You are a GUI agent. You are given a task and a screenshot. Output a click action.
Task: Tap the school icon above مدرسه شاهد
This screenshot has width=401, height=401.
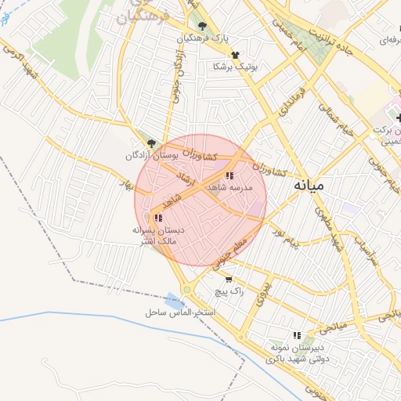229,176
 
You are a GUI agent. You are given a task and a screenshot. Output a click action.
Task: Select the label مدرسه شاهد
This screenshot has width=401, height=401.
229,189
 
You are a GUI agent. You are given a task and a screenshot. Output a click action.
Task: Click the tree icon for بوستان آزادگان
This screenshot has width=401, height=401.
152,144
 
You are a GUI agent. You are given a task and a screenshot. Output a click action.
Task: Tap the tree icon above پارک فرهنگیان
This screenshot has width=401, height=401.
202,26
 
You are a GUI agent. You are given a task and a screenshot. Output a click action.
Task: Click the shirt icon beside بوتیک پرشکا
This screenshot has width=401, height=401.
235,54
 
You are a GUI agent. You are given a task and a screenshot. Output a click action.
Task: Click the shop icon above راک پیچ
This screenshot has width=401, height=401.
228,279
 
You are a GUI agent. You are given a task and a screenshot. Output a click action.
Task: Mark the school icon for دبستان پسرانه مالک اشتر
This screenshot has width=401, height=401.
158,218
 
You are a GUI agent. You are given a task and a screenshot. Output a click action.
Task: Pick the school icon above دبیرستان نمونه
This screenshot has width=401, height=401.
296,334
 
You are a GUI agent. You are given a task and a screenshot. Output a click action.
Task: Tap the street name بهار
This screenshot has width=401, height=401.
124,185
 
